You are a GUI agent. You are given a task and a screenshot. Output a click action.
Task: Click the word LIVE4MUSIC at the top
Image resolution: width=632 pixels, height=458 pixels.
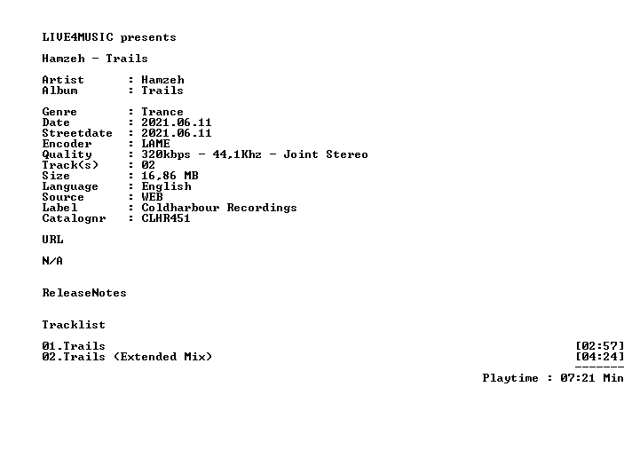78,37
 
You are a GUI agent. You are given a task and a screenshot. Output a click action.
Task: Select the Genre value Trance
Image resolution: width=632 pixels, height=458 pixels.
162,112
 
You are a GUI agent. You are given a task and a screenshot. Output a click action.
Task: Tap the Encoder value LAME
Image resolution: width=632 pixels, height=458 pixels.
155,144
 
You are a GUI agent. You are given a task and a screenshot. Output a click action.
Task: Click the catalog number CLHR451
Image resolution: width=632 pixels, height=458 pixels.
166,218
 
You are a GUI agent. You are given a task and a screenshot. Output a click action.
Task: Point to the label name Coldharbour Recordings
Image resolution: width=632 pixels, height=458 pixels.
219,208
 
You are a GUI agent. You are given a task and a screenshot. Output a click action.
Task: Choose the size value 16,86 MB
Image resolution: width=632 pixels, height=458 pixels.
170,176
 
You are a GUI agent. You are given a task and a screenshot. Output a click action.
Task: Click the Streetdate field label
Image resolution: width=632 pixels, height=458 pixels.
77,133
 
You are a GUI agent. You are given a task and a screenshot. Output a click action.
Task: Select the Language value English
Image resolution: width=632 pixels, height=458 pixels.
166,186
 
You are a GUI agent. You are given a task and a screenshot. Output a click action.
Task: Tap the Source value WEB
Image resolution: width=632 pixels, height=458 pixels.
152,197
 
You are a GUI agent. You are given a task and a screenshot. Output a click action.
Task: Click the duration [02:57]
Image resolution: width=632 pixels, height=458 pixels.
599,346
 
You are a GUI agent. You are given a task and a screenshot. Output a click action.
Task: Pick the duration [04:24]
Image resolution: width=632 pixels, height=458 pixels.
599,357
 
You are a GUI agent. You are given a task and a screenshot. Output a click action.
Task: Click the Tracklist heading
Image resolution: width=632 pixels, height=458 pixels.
74,325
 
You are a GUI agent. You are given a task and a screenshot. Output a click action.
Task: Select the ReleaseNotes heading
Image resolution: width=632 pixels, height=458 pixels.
84,293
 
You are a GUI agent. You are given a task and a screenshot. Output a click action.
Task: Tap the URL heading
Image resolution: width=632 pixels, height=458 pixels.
52,240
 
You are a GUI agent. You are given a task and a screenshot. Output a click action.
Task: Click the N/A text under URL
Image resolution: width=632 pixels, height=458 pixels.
52,261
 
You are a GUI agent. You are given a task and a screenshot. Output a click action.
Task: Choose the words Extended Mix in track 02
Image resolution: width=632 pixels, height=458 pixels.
162,357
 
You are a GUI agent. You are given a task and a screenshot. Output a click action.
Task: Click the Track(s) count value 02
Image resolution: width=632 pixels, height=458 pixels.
148,165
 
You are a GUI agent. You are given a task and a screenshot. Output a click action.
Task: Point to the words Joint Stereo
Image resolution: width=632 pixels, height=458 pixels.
326,154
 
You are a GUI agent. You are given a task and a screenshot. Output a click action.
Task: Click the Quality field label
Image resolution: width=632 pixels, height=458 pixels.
67,154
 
